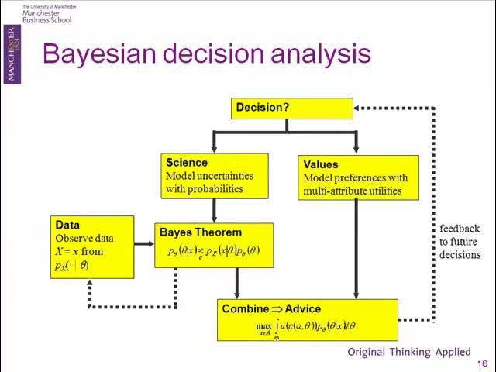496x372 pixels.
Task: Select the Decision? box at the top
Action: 291,108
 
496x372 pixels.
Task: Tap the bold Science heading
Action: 187,163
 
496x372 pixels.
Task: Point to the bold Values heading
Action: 321,164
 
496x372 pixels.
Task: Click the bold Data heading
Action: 67,225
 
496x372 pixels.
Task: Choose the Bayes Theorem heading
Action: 200,232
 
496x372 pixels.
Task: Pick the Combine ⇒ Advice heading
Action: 271,308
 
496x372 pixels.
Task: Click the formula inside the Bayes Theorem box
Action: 214,251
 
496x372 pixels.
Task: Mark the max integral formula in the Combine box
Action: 306,327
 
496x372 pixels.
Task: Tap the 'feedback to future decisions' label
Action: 460,242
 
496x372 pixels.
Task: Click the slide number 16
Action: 482,364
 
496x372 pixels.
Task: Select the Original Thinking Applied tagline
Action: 409,352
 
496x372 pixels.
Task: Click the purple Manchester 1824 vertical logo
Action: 10,53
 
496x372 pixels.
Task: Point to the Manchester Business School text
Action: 46,15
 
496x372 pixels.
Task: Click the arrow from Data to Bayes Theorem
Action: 143,244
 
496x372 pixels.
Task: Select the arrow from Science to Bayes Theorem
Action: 214,209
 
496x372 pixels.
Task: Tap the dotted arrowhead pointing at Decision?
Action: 360,108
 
